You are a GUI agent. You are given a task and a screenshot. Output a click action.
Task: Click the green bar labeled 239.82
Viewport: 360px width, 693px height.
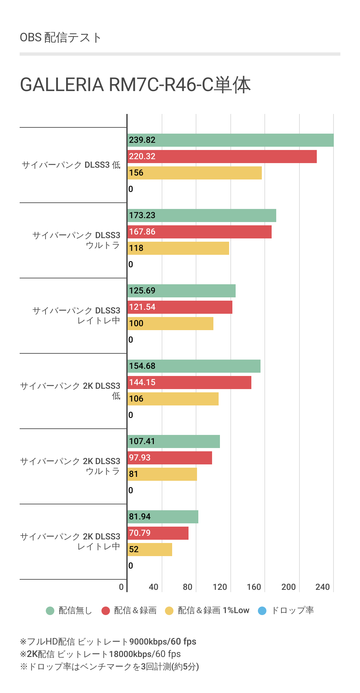click(x=230, y=140)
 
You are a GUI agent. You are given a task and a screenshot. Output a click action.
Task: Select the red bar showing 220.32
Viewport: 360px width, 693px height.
click(x=222, y=157)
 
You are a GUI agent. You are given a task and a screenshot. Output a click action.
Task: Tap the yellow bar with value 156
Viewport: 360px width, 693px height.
click(x=194, y=173)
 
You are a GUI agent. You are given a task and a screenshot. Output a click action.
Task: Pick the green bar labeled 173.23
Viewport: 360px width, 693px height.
click(x=202, y=215)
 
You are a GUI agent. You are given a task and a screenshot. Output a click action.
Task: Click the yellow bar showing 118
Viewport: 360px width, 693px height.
click(x=178, y=248)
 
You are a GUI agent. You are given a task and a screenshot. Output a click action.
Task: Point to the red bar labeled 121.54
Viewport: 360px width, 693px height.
click(x=180, y=307)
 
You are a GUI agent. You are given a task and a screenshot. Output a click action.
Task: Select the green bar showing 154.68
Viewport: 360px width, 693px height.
click(x=194, y=366)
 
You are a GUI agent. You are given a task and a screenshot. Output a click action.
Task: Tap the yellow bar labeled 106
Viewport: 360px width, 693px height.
click(x=173, y=399)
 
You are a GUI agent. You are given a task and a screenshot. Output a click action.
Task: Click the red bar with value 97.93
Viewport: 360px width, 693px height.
click(x=170, y=458)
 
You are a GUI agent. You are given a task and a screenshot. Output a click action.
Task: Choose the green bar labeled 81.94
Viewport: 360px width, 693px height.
click(x=163, y=517)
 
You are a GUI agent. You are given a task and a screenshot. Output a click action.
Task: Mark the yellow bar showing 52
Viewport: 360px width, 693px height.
click(x=150, y=550)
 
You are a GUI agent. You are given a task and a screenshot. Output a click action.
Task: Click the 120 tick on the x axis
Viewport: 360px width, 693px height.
click(x=220, y=587)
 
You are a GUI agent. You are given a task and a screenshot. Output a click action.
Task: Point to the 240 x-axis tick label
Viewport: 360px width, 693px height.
click(x=322, y=587)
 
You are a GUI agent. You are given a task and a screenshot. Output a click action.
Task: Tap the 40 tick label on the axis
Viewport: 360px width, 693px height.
click(x=153, y=587)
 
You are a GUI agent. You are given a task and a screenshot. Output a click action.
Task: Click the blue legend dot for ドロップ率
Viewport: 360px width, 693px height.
click(x=262, y=611)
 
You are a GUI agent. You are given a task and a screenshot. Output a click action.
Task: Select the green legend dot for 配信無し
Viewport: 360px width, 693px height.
click(x=50, y=611)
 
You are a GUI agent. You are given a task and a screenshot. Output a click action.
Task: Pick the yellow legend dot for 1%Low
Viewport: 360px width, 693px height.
click(x=169, y=611)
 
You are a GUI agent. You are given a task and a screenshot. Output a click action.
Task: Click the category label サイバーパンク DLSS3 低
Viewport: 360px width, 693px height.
click(x=71, y=165)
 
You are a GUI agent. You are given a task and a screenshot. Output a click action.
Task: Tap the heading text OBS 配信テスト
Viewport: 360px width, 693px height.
click(x=61, y=38)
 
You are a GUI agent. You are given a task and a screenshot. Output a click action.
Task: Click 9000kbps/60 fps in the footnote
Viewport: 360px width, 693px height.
click(x=163, y=641)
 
